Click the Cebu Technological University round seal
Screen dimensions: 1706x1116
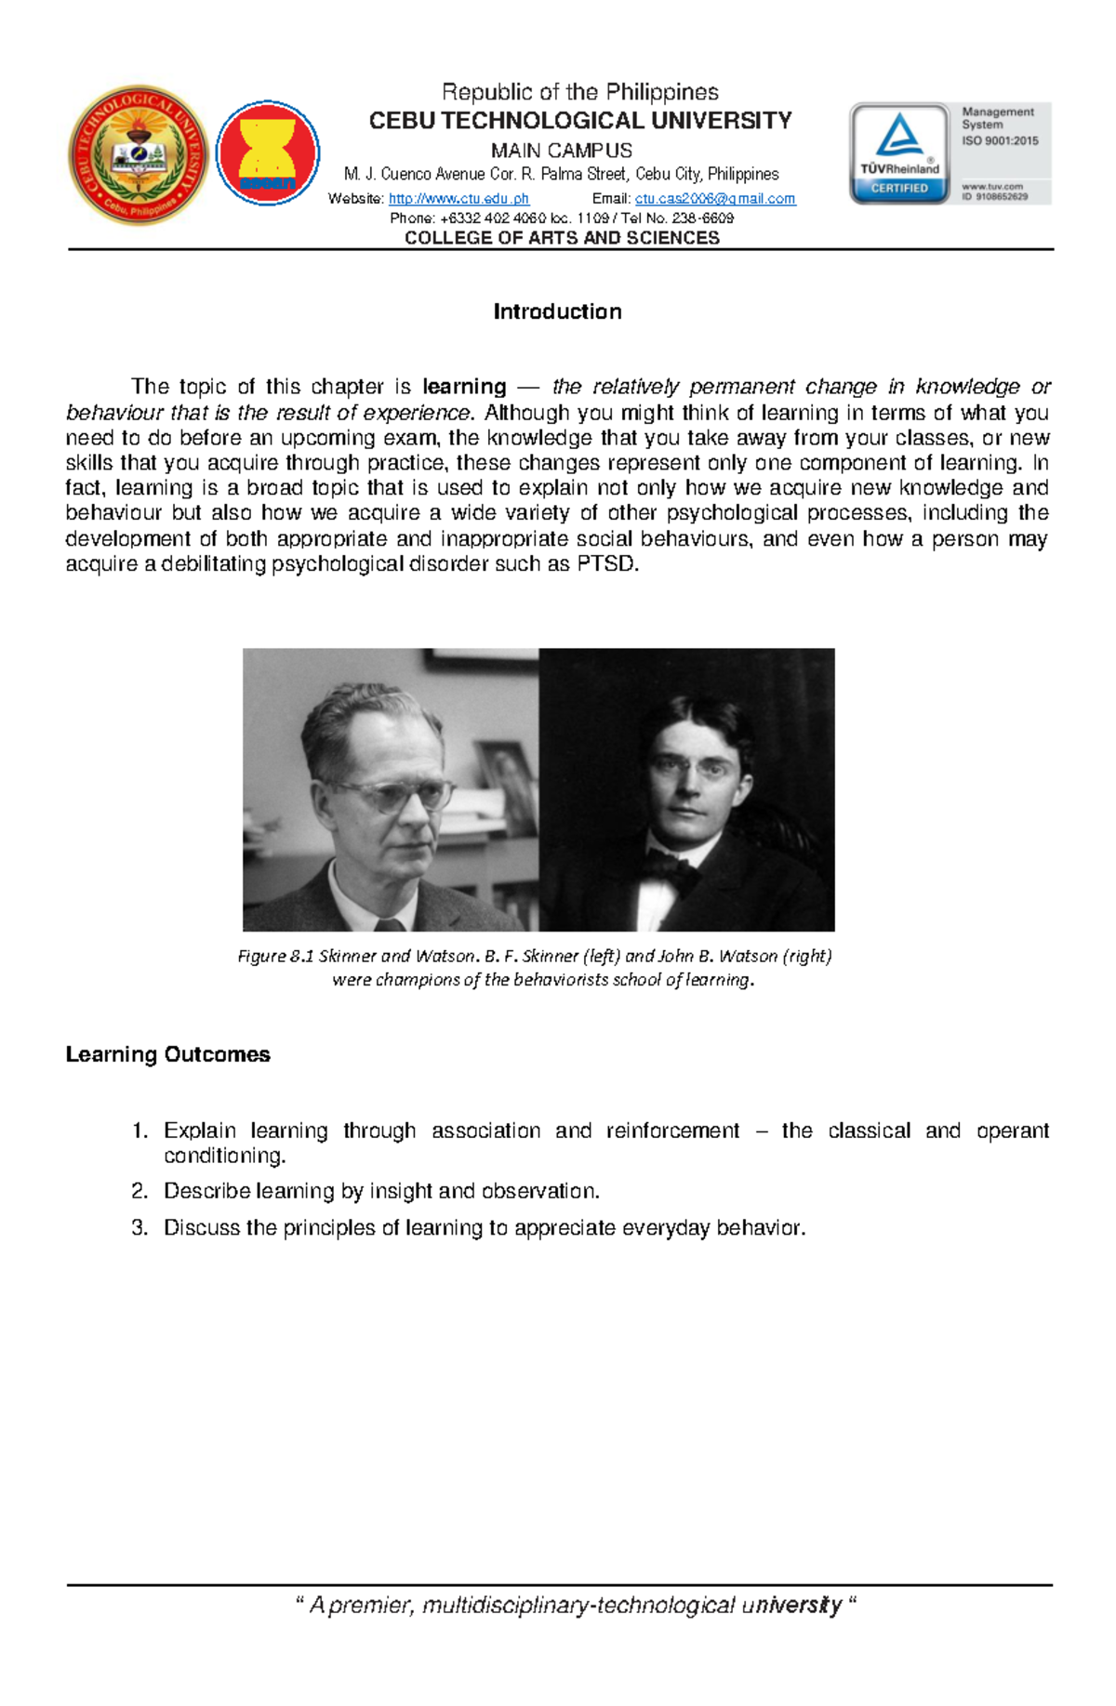[x=139, y=155]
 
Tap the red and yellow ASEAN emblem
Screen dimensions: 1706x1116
[x=268, y=153]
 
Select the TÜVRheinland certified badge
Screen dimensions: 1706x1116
[x=899, y=153]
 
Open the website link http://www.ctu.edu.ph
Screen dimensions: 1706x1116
[x=458, y=199]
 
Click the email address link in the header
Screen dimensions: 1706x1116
[x=714, y=199]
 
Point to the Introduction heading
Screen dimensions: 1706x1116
[x=557, y=311]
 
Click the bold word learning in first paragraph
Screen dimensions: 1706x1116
[x=464, y=387]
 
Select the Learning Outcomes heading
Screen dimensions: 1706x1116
[x=167, y=1054]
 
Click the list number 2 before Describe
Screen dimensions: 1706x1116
[x=139, y=1191]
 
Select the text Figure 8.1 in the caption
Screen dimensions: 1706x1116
[x=275, y=956]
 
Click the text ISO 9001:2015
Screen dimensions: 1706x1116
[x=1000, y=141]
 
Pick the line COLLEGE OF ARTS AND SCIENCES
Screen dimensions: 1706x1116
[x=562, y=238]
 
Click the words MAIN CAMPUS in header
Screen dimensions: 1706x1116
[x=562, y=151]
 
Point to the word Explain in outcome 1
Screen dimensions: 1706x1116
[x=199, y=1131]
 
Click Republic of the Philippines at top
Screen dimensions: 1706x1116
[x=579, y=92]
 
